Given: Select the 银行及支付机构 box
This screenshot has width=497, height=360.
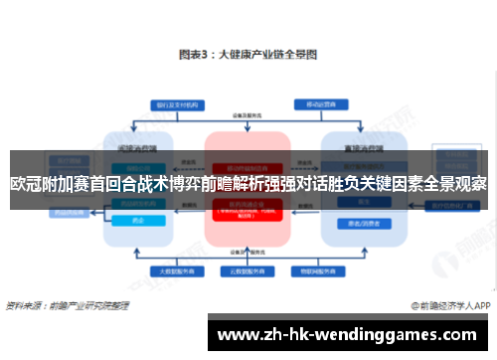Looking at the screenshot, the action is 171,103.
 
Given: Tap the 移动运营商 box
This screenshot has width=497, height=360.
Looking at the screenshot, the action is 319,103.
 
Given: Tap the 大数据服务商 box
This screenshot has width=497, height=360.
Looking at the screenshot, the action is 170,270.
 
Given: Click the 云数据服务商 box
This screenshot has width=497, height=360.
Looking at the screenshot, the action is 247,270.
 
